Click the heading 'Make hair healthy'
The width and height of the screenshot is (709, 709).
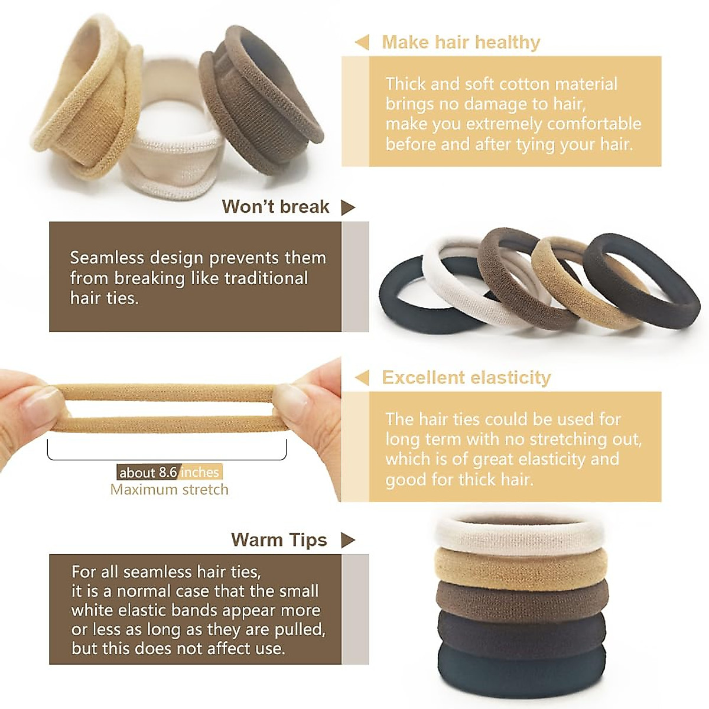pyautogui.click(x=461, y=43)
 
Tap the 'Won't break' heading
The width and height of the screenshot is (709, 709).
pyautogui.click(x=275, y=207)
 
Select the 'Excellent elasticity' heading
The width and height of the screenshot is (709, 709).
pyautogui.click(x=466, y=378)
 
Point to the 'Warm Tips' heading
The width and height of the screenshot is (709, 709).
pyautogui.click(x=279, y=540)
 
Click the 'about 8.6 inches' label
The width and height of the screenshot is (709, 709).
pyautogui.click(x=169, y=472)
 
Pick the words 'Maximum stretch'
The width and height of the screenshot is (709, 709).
pyautogui.click(x=169, y=490)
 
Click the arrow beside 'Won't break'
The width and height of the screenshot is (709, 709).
pyautogui.click(x=348, y=207)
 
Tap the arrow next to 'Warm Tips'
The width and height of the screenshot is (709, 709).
pyautogui.click(x=348, y=540)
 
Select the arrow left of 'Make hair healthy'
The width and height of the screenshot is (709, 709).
pyautogui.click(x=362, y=43)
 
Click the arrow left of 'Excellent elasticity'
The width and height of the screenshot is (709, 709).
pyautogui.click(x=362, y=378)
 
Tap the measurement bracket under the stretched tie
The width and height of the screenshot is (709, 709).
pyautogui.click(x=167, y=456)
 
